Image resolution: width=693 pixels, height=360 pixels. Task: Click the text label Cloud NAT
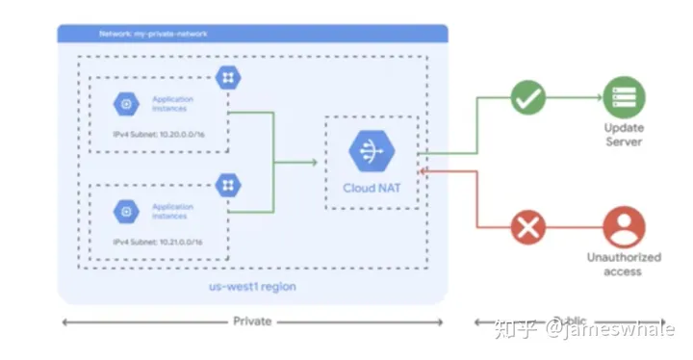pyautogui.click(x=371, y=188)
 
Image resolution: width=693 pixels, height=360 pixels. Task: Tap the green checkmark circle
pyautogui.click(x=527, y=97)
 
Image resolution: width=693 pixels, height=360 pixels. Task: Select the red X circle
pyautogui.click(x=527, y=228)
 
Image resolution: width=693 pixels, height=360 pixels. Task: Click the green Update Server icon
pyautogui.click(x=624, y=97)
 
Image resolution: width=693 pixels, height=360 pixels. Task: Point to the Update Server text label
pyautogui.click(x=624, y=135)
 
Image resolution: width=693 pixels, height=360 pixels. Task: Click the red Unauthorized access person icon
pyautogui.click(x=624, y=228)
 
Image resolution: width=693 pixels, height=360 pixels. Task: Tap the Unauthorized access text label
pyautogui.click(x=624, y=264)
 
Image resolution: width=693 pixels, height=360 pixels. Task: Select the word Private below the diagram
pyautogui.click(x=252, y=321)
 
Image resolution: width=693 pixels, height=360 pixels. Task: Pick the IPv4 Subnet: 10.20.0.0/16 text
pyautogui.click(x=154, y=136)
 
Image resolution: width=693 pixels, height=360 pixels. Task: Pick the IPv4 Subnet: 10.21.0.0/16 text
pyautogui.click(x=154, y=242)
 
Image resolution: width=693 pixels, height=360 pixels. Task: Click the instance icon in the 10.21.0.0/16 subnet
pyautogui.click(x=125, y=210)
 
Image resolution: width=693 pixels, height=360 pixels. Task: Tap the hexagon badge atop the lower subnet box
pyautogui.click(x=229, y=184)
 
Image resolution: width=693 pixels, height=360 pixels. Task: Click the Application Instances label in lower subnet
pyautogui.click(x=173, y=210)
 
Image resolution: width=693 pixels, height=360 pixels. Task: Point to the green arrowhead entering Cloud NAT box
pyautogui.click(x=313, y=162)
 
